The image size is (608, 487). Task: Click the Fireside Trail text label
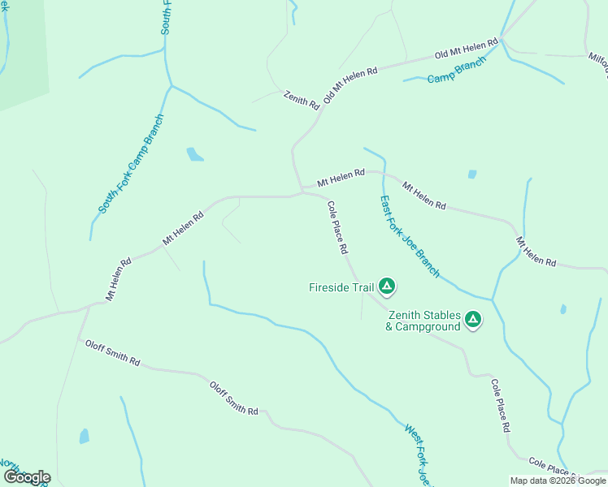[x=341, y=287]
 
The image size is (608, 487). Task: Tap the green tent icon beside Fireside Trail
[x=388, y=286]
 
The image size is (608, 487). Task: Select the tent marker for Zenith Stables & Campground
[x=473, y=321]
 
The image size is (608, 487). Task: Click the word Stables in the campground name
[x=441, y=315]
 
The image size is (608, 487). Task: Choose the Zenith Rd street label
[x=301, y=100]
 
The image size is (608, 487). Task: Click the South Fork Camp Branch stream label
[x=131, y=164]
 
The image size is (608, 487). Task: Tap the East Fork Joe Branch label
[x=410, y=236]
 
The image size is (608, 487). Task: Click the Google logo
[x=26, y=477]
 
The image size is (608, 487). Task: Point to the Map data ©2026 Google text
[x=558, y=481]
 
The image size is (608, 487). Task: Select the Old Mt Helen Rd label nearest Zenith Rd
[x=350, y=84]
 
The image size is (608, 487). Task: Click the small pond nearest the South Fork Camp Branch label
[x=194, y=154]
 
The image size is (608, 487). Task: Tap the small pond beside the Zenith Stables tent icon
[x=562, y=309]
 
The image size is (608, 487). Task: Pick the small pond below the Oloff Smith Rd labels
[x=84, y=436]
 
